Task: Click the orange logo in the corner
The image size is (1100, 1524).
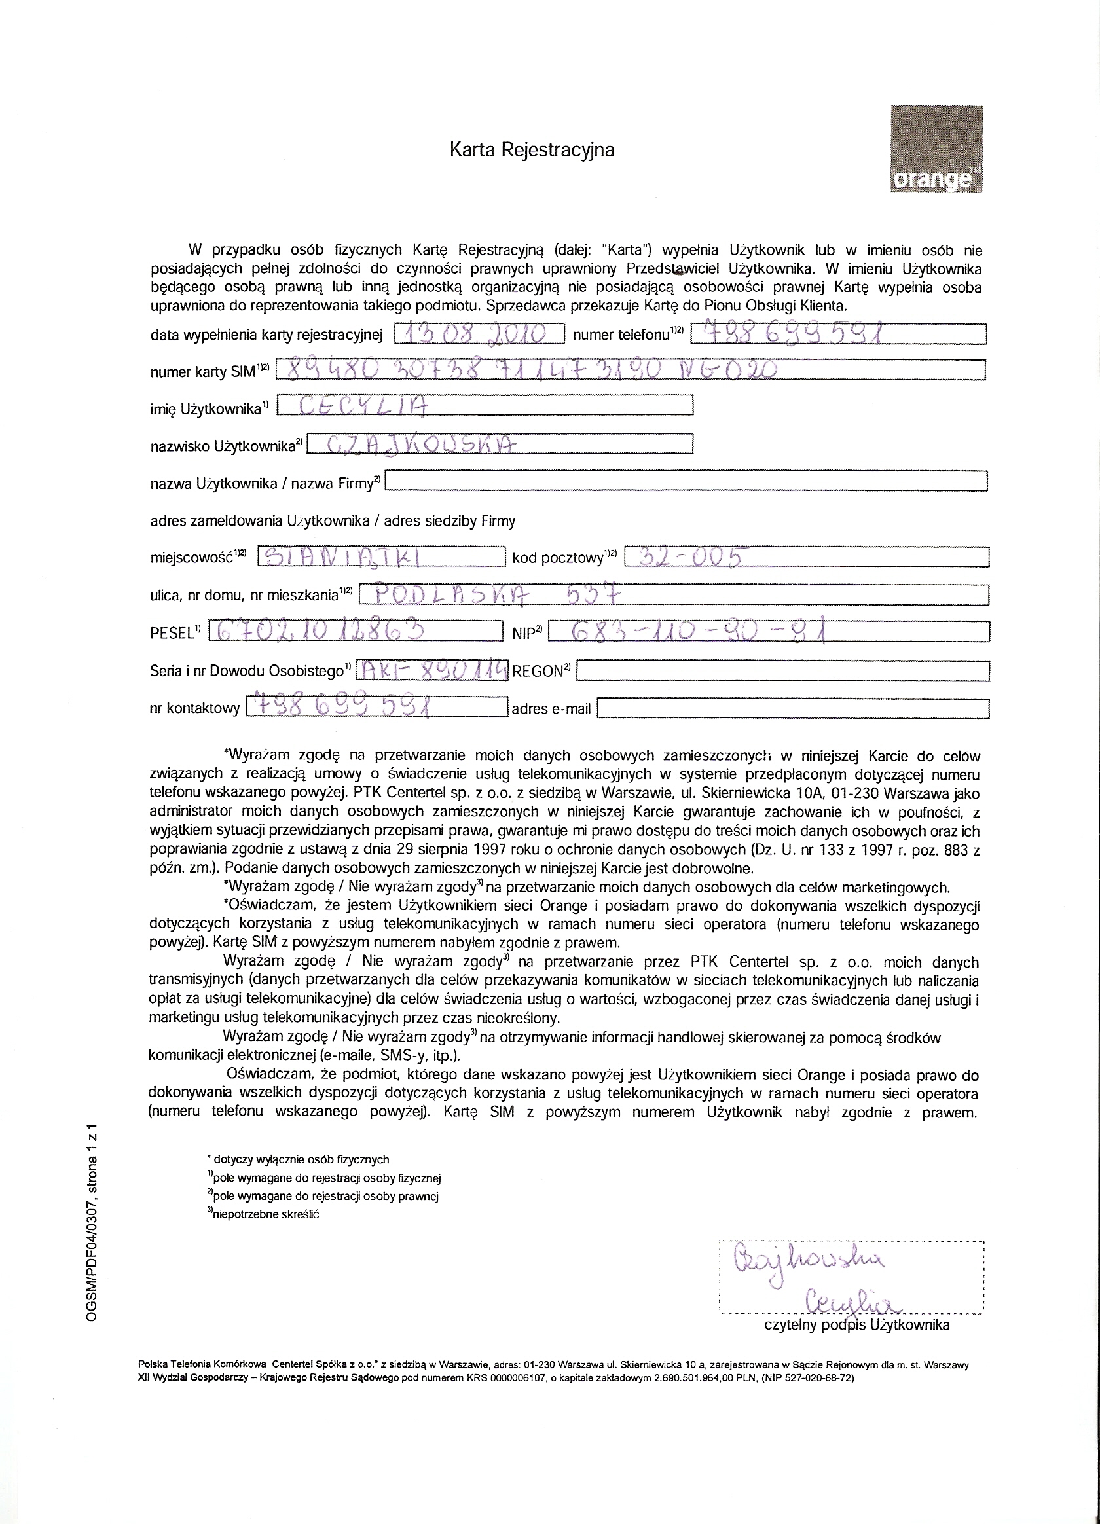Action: point(936,149)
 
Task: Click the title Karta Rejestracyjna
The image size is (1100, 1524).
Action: point(532,149)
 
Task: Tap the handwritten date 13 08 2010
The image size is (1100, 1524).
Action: point(479,334)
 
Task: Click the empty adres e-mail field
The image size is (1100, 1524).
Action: point(793,709)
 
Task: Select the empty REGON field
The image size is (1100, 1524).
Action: point(783,670)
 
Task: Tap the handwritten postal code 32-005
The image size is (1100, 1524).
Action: point(692,557)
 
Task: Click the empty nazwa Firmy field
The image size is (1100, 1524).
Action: point(686,481)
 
